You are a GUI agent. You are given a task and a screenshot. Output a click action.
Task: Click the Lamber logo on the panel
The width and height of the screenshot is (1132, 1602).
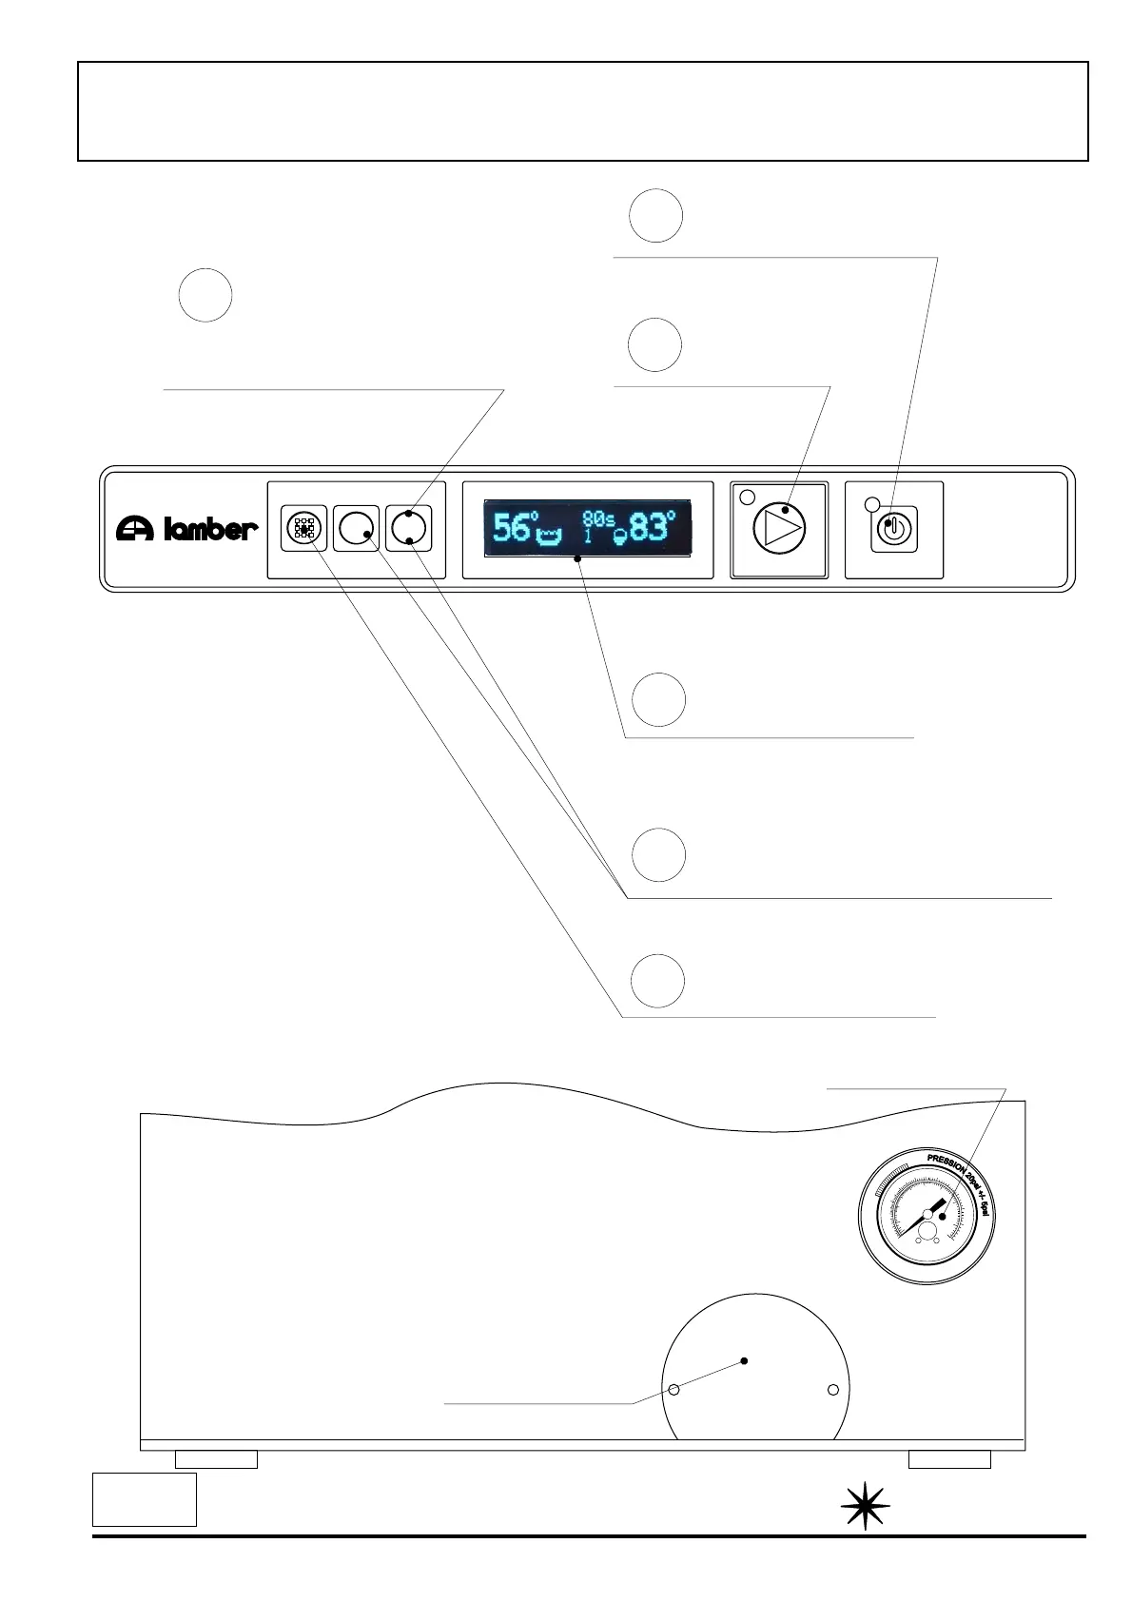click(x=186, y=528)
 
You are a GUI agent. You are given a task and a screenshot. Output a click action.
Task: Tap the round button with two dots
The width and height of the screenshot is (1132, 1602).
click(x=409, y=528)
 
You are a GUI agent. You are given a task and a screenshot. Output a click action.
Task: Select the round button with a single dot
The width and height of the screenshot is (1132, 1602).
click(x=357, y=528)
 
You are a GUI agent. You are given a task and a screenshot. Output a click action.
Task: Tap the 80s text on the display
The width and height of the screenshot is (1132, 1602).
click(x=598, y=519)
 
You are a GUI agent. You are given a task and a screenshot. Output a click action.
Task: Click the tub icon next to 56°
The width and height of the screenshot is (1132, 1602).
click(x=550, y=537)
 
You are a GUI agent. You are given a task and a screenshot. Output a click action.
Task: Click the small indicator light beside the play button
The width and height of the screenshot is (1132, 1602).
click(x=747, y=496)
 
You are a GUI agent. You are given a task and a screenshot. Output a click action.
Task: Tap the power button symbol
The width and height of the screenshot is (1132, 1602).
click(x=893, y=528)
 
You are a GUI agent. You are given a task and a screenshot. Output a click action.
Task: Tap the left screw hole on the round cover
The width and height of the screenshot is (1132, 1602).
click(x=673, y=1390)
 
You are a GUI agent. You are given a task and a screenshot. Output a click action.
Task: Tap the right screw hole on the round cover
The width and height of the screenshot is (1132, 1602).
click(x=833, y=1390)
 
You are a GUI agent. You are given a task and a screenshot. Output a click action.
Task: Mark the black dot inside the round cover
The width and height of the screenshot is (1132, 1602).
click(x=744, y=1360)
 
